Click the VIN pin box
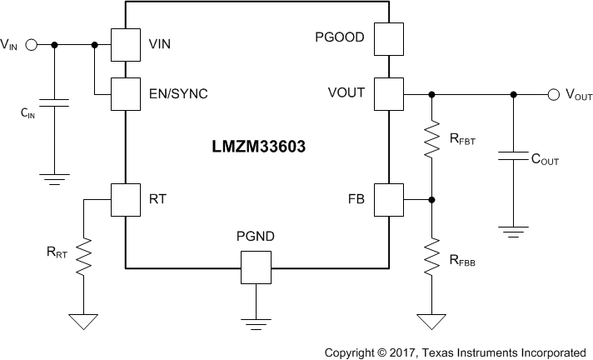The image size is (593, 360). pos(125,45)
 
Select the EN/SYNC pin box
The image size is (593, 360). pos(125,93)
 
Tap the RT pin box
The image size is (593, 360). pos(125,199)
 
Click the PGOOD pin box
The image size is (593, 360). pos(388,38)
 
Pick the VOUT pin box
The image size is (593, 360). pos(388,93)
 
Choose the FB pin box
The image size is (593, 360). pos(388,199)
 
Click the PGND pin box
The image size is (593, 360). pos(256,267)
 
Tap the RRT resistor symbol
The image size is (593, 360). pos(83,258)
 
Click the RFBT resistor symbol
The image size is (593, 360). pos(431,141)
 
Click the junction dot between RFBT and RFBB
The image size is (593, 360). pos(431,199)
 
